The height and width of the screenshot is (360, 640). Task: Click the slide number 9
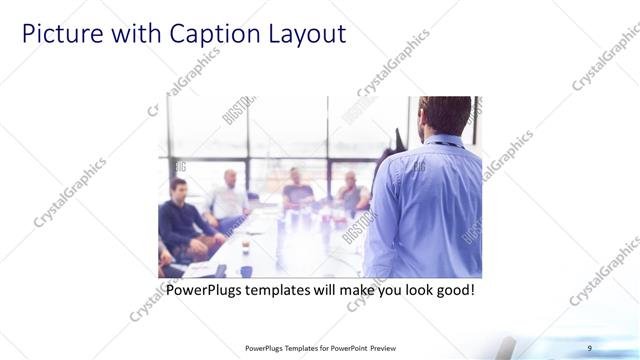pyautogui.click(x=590, y=347)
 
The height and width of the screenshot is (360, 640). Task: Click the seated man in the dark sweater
pyautogui.click(x=180, y=215)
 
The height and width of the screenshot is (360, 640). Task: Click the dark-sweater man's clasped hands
pyautogui.click(x=205, y=240)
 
